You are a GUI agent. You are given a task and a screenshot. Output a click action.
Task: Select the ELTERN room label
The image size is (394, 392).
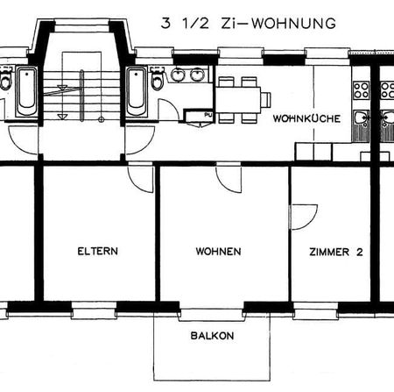[97, 252]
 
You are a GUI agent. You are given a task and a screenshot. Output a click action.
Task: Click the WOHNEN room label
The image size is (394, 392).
[218, 252]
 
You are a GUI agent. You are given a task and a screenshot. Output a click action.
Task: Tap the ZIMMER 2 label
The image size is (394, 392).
[336, 252]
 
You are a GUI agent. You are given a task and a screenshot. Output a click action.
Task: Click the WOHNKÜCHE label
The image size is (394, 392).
[299, 118]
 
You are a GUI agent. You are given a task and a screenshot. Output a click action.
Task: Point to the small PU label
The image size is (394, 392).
[208, 114]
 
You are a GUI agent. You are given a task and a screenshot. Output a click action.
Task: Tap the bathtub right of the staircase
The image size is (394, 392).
[136, 91]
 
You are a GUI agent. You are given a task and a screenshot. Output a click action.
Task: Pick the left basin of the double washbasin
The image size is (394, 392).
[179, 75]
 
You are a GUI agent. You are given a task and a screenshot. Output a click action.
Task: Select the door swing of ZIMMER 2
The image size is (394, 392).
[303, 216]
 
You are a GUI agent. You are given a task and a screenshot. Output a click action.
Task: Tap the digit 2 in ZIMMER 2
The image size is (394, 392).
[359, 252]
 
